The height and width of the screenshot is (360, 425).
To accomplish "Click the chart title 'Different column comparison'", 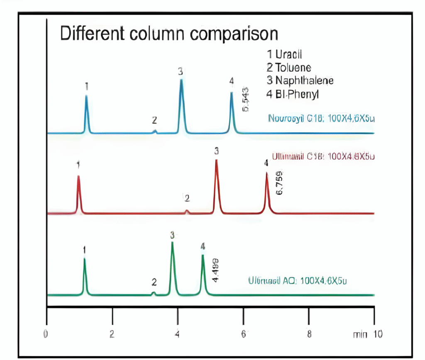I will (x=169, y=34).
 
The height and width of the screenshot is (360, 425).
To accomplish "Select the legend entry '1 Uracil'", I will (x=284, y=55).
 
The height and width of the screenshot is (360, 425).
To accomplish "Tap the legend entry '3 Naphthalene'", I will (x=300, y=80).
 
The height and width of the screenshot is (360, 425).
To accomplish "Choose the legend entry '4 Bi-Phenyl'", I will (x=293, y=94).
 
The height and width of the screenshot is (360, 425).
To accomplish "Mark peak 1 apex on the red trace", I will (x=78, y=177).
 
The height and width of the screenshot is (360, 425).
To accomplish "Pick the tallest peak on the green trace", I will (x=172, y=243).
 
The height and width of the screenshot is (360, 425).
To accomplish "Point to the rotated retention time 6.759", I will (x=278, y=182).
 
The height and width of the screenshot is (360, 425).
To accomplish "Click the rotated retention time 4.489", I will (x=215, y=270).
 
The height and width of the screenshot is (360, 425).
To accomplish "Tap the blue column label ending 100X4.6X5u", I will (x=321, y=118).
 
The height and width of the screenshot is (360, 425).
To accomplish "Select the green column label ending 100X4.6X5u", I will (x=297, y=280).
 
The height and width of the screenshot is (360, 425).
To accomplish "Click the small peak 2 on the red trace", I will (x=187, y=212).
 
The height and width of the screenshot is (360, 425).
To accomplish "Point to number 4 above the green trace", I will (x=203, y=247).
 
